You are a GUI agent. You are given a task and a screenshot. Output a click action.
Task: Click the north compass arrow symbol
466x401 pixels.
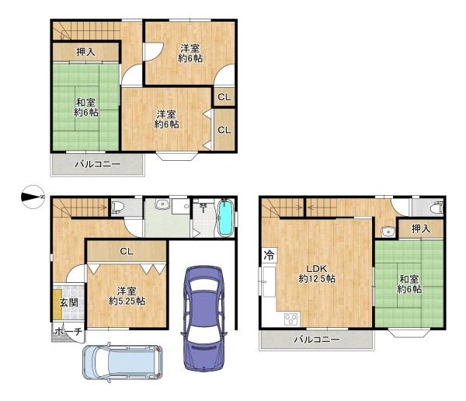click(31, 197)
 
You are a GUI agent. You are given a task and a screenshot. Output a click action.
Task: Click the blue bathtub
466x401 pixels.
click(224, 218)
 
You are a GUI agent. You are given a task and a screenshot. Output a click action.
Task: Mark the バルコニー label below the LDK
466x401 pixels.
click(317, 340)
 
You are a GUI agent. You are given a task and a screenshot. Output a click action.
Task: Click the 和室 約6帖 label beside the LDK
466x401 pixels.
click(410, 284)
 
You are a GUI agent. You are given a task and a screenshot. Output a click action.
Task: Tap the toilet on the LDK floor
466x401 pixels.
click(436, 207)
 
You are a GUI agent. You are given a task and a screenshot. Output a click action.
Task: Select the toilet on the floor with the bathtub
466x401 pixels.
click(117, 207)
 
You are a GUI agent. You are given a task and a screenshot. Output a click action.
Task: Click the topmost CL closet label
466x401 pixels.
click(224, 97)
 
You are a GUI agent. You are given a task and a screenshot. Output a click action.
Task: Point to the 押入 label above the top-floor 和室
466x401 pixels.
click(85, 52)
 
